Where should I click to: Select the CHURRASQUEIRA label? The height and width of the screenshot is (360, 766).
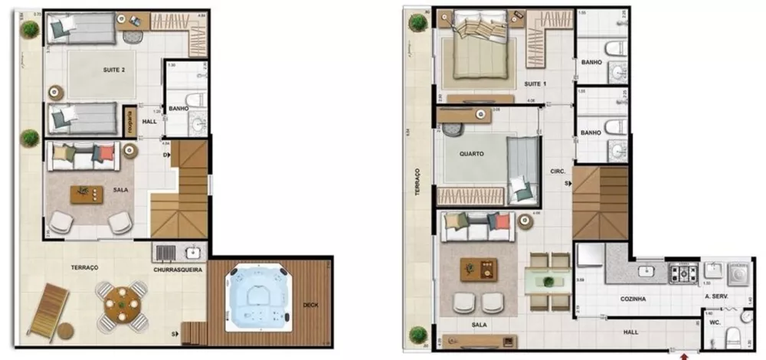178,270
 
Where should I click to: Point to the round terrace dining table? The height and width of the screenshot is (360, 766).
122,303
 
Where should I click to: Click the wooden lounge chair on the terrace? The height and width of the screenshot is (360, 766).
47,308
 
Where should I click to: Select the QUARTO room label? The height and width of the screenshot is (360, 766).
470,153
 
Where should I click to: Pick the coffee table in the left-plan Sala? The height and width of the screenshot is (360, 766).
85,194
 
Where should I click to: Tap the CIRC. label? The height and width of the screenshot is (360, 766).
557,172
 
